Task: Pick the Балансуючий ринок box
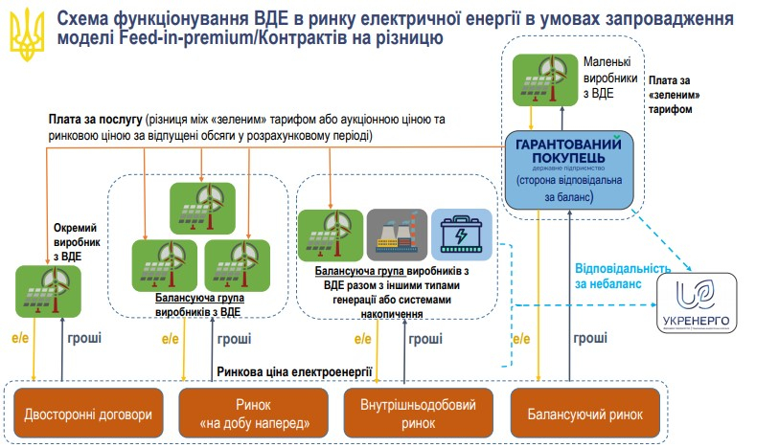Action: pyautogui.click(x=584, y=414)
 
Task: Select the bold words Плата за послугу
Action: pyautogui.click(x=95, y=122)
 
